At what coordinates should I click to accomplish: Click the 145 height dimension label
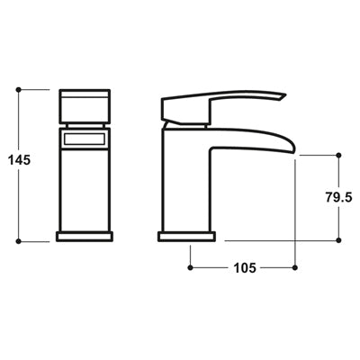(17, 159)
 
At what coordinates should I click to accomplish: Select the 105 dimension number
(243, 267)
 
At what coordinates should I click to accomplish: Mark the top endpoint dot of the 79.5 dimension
(339, 153)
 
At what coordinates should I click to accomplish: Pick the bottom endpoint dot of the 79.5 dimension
(339, 240)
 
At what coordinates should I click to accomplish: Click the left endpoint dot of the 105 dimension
(190, 267)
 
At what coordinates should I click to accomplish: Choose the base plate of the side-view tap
(187, 236)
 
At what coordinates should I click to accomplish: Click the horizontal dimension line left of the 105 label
(211, 267)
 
